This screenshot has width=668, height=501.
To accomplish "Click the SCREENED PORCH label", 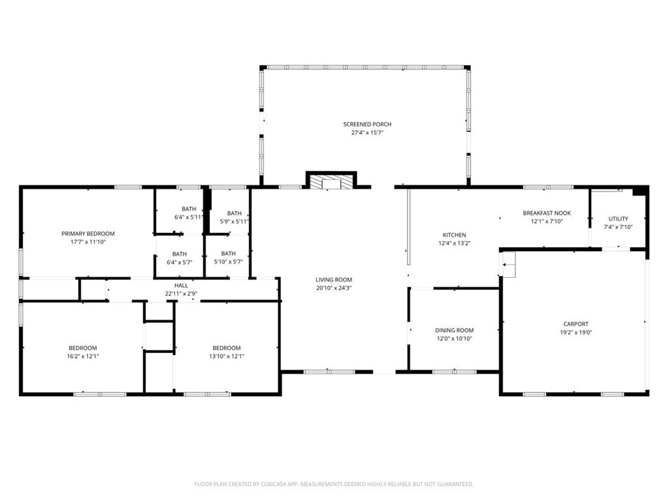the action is pos(367,125).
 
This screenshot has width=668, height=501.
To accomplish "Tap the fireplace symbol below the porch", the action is pos(331,181).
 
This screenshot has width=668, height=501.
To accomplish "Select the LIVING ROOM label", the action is pos(333,280).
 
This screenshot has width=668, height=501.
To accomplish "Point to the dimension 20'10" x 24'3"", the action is pos(333,288).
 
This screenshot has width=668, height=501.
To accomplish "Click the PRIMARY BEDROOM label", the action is pos(88,234).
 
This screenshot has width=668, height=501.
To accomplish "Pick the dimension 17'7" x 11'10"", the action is pos(88,242).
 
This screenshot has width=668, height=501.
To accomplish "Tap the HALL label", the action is pos(181,286).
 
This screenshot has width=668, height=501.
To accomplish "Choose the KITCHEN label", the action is pos(455,235).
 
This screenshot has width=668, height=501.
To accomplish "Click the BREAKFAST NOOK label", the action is pos(547,213).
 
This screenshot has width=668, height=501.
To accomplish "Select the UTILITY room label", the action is pos(618,219).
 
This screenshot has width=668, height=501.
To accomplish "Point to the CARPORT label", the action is pos(576,324).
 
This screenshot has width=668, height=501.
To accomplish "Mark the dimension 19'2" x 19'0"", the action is pos(576,332).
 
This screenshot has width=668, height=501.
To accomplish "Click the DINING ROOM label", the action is pos(454,331).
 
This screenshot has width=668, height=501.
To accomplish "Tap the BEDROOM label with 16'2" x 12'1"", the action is pos(83,348).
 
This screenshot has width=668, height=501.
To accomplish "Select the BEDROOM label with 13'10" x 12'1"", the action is pos(226,348).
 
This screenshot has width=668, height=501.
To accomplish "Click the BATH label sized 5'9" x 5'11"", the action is pos(234,213).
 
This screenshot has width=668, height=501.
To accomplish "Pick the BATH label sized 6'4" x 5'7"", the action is pos(179,254).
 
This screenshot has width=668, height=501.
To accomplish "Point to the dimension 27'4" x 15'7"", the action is pos(367,132).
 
